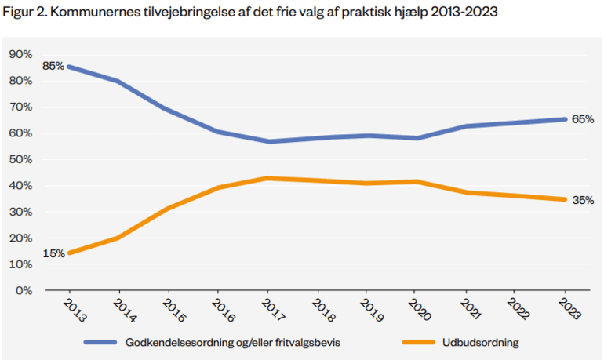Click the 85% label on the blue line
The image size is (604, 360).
point(53,67)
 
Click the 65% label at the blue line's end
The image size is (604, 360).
point(583,119)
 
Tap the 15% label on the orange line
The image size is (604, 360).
point(53,253)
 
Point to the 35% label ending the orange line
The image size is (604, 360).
point(583,200)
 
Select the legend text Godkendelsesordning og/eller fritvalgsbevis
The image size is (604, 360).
point(227,342)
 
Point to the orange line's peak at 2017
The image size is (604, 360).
point(269,178)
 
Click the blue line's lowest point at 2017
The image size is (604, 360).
point(269,141)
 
